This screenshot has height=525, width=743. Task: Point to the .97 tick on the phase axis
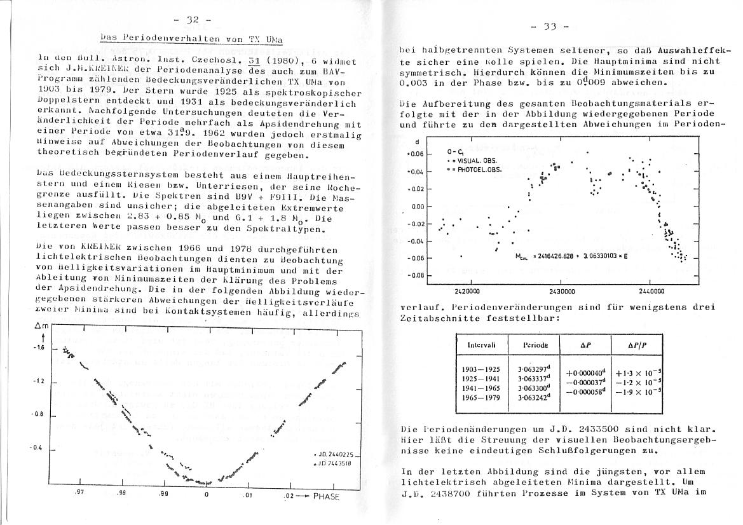point(79,493)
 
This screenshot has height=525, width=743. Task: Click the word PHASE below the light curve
point(326,496)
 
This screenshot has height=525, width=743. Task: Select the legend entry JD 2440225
point(337,455)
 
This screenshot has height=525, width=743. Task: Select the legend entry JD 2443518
point(337,463)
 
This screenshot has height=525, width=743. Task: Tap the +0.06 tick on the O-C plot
point(414,154)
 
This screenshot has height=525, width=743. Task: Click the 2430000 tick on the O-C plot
point(561,291)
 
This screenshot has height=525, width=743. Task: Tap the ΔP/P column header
point(636,344)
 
